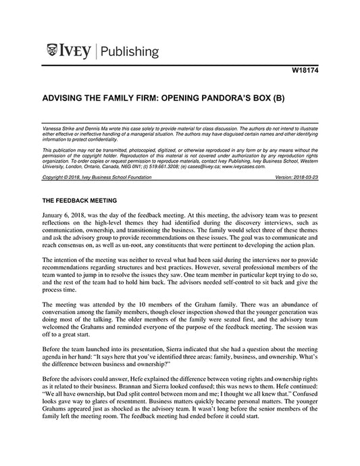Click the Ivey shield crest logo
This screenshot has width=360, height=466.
[x=54, y=50]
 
